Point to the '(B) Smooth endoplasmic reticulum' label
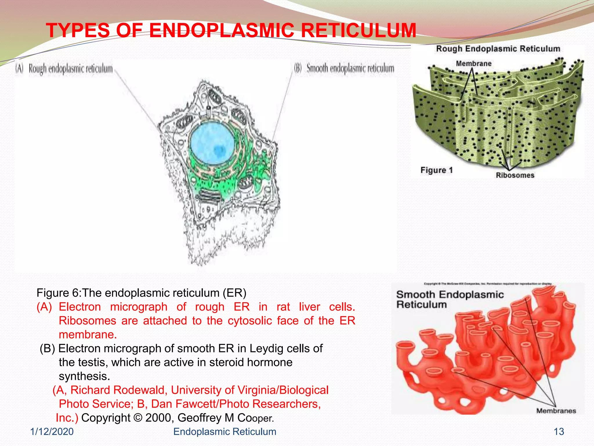coord(344,69)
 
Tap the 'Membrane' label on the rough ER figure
coord(474,64)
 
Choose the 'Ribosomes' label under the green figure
coord(515,175)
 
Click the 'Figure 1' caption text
coord(437,170)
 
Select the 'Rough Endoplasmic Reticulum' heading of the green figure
coord(498,49)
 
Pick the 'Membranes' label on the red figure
coord(556,411)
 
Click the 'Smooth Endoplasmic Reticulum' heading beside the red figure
coord(450,299)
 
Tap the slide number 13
coord(559,432)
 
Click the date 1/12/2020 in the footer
coord(52,432)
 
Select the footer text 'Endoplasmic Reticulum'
coord(224,432)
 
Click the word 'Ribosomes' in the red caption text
coord(87,321)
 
